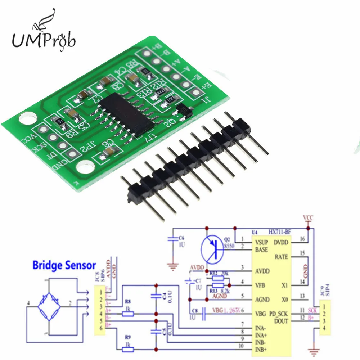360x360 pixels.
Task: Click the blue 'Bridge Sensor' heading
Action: pyautogui.click(x=64, y=266)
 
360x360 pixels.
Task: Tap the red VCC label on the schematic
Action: pyautogui.click(x=308, y=219)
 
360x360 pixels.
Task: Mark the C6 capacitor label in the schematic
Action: pyautogui.click(x=181, y=239)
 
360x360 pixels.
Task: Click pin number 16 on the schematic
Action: pyautogui.click(x=302, y=239)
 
